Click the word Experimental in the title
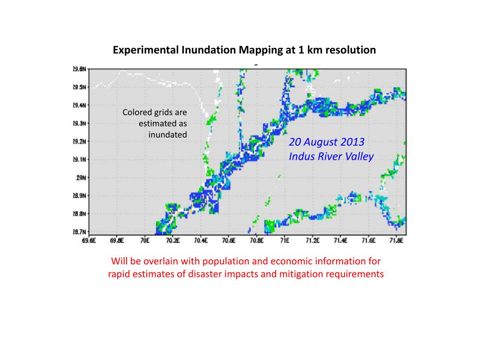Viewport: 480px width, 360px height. (144, 50)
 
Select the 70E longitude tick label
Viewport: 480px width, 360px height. (145, 241)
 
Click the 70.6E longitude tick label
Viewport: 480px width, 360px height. (229, 241)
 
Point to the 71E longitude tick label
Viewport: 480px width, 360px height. (284, 241)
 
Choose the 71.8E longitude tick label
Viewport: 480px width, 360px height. (396, 241)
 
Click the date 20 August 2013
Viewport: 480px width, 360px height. (327, 142)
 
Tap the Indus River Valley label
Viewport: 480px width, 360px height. (331, 156)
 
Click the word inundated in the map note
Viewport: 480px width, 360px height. (168, 135)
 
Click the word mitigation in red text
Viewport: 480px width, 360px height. (301, 274)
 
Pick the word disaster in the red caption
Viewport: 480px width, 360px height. (204, 274)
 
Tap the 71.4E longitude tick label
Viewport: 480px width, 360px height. (340, 241)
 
